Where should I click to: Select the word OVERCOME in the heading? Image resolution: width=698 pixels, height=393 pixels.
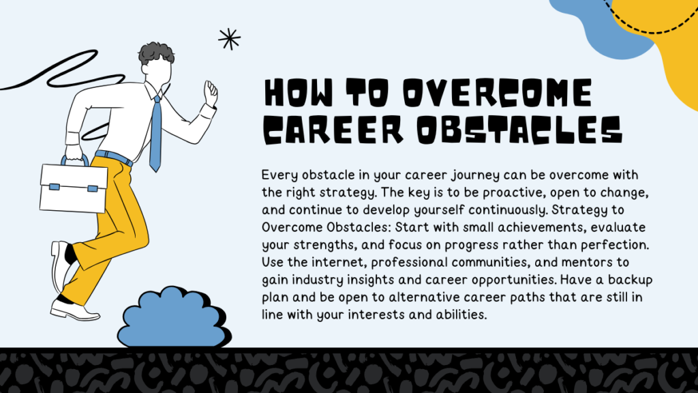pos(498,93)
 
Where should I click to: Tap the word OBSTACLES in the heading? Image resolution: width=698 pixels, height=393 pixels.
pos(519,130)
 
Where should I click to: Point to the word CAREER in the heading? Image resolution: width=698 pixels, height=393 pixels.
pos(333,130)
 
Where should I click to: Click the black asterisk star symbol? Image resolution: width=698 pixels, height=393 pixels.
pos(229,39)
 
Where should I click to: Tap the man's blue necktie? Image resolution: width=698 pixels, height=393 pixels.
pos(155,133)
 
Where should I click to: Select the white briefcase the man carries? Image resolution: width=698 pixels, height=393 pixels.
pos(74,185)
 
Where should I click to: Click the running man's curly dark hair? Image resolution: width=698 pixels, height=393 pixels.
pos(156,53)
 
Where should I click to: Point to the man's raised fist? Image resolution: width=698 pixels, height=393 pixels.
pos(211,93)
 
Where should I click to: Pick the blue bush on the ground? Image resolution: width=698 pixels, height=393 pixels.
pos(174,317)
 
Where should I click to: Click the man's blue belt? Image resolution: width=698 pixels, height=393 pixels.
pos(114,158)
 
